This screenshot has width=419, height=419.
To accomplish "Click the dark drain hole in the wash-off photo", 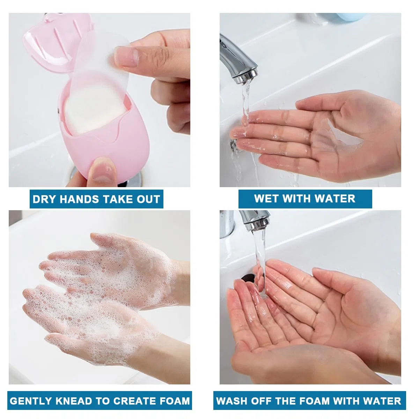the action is click(249, 278).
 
